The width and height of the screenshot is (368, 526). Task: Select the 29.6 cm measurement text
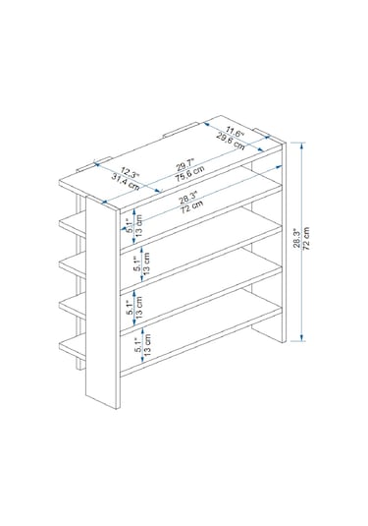pyautogui.click(x=231, y=141)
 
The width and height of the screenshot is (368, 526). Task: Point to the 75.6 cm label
pyautogui.click(x=189, y=174)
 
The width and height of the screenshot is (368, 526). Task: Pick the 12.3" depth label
pyautogui.click(x=130, y=174)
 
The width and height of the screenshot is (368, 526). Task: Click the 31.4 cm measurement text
pyautogui.click(x=126, y=183)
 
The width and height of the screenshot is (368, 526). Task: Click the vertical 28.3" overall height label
pyautogui.click(x=297, y=238)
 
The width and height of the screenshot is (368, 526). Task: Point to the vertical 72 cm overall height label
pyautogui.click(x=306, y=238)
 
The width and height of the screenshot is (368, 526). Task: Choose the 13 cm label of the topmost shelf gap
pyautogui.click(x=139, y=226)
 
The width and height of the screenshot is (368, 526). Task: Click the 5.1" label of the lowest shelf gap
pyautogui.click(x=138, y=345)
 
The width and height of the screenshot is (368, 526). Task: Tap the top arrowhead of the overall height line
pyautogui.click(x=302, y=145)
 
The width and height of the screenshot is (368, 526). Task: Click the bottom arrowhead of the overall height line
pyautogui.click(x=302, y=338)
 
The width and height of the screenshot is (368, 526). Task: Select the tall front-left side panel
pyautogui.click(x=103, y=302)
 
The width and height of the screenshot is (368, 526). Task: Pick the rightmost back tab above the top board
pyautogui.click(x=261, y=132)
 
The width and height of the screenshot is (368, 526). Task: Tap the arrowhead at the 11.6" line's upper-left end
pyautogui.click(x=206, y=124)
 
